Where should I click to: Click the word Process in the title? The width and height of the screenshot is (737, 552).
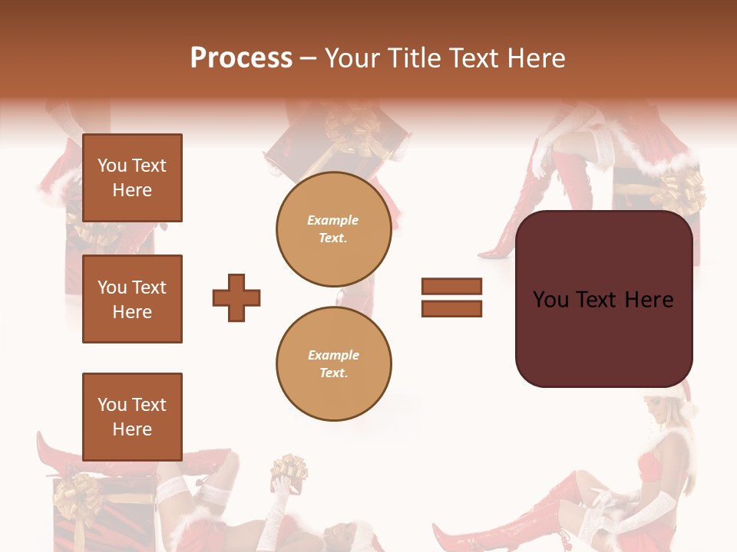(241, 58)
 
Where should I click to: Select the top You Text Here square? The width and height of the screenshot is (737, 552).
(132, 178)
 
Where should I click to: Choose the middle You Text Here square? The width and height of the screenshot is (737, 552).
(132, 299)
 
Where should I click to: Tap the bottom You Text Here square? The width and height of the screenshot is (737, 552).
(132, 416)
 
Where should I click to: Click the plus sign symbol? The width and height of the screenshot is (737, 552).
(236, 297)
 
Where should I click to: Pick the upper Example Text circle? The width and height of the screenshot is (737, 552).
(333, 228)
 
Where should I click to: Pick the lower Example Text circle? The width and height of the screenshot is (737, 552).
(333, 363)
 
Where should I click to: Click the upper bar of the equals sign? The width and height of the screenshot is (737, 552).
(451, 286)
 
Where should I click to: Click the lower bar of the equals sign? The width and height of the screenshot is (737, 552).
(451, 308)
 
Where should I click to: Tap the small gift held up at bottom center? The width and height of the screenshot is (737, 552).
(289, 469)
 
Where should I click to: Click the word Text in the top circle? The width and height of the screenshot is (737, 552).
(333, 238)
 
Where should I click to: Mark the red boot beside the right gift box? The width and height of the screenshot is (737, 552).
(522, 215)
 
